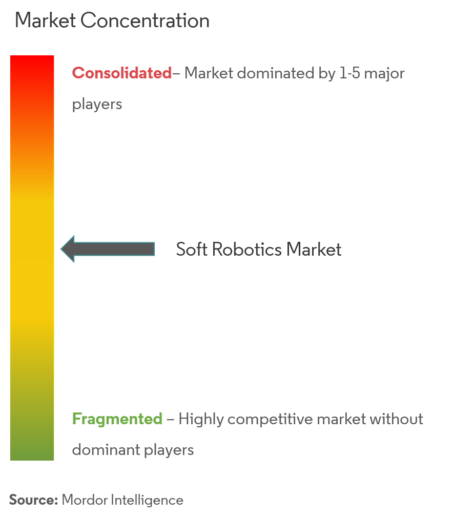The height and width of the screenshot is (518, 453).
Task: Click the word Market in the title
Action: (46, 20)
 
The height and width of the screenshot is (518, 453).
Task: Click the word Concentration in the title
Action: (145, 20)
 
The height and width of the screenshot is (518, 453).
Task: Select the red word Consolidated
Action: (122, 73)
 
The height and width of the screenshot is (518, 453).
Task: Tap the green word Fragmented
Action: (117, 419)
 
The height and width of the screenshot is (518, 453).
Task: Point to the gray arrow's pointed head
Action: (61, 249)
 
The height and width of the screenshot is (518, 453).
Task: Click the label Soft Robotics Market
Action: (259, 249)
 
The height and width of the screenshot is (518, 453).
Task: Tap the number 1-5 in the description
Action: (350, 73)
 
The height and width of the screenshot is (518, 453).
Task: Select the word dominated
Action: (276, 73)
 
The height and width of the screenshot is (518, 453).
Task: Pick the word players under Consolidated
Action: (97, 105)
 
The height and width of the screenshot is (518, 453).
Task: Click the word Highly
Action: (201, 419)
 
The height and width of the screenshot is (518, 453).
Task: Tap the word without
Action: (397, 419)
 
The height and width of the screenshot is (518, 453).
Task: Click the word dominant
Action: (106, 450)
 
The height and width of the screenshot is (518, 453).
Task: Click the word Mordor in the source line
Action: (84, 500)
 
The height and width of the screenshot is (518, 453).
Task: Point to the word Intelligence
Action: (147, 500)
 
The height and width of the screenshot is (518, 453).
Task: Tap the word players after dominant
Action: (169, 450)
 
